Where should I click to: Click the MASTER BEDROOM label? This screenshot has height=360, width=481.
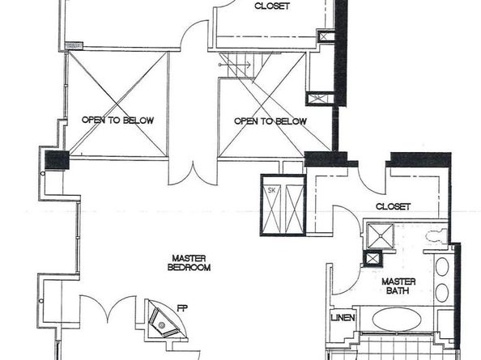click(189, 262)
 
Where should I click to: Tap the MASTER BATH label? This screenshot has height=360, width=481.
click(398, 286)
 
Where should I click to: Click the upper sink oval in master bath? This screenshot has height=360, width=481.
click(442, 267)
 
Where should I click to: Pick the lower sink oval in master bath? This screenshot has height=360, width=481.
click(442, 293)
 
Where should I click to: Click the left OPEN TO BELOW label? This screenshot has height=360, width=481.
click(117, 121)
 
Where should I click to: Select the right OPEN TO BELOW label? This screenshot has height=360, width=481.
click(270, 121)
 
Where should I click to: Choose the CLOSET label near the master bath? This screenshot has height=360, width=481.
click(393, 207)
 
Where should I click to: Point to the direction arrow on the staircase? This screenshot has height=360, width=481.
click(224, 62)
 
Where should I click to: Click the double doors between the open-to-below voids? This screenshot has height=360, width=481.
click(193, 172)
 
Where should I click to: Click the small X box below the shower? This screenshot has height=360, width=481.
click(372, 259)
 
